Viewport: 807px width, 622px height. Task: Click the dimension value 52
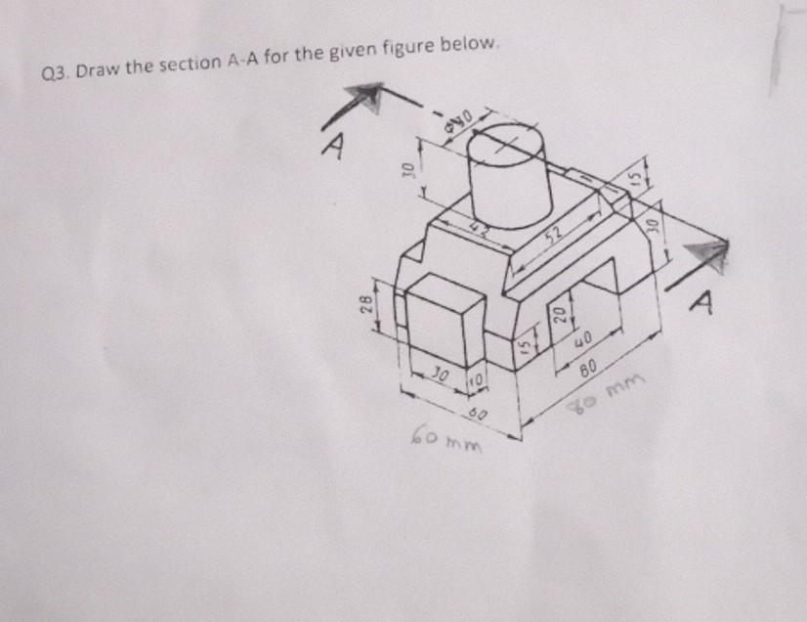point(556,233)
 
